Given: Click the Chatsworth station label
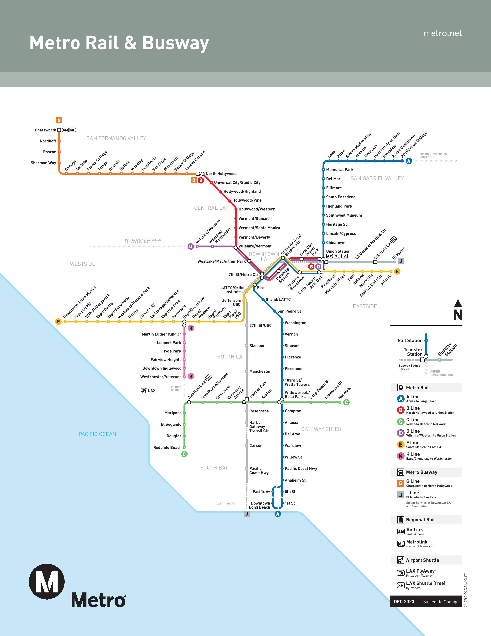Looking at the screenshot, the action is click(45, 130).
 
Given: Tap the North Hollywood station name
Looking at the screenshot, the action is click(221, 174).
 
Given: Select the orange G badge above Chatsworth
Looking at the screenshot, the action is click(59, 120).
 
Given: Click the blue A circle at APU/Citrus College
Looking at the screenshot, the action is click(409, 161).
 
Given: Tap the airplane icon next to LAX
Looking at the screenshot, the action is click(144, 390).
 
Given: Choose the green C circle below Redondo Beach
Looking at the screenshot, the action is click(184, 454).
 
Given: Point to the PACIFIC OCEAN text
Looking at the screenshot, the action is click(97, 434).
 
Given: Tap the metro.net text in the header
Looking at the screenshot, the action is click(442, 34).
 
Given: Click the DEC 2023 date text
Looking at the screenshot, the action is click(404, 602).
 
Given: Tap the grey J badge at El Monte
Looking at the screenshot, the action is click(401, 261).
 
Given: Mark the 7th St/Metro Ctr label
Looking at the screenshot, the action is click(243, 275).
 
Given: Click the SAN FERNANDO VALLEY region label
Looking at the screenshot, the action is click(116, 138).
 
